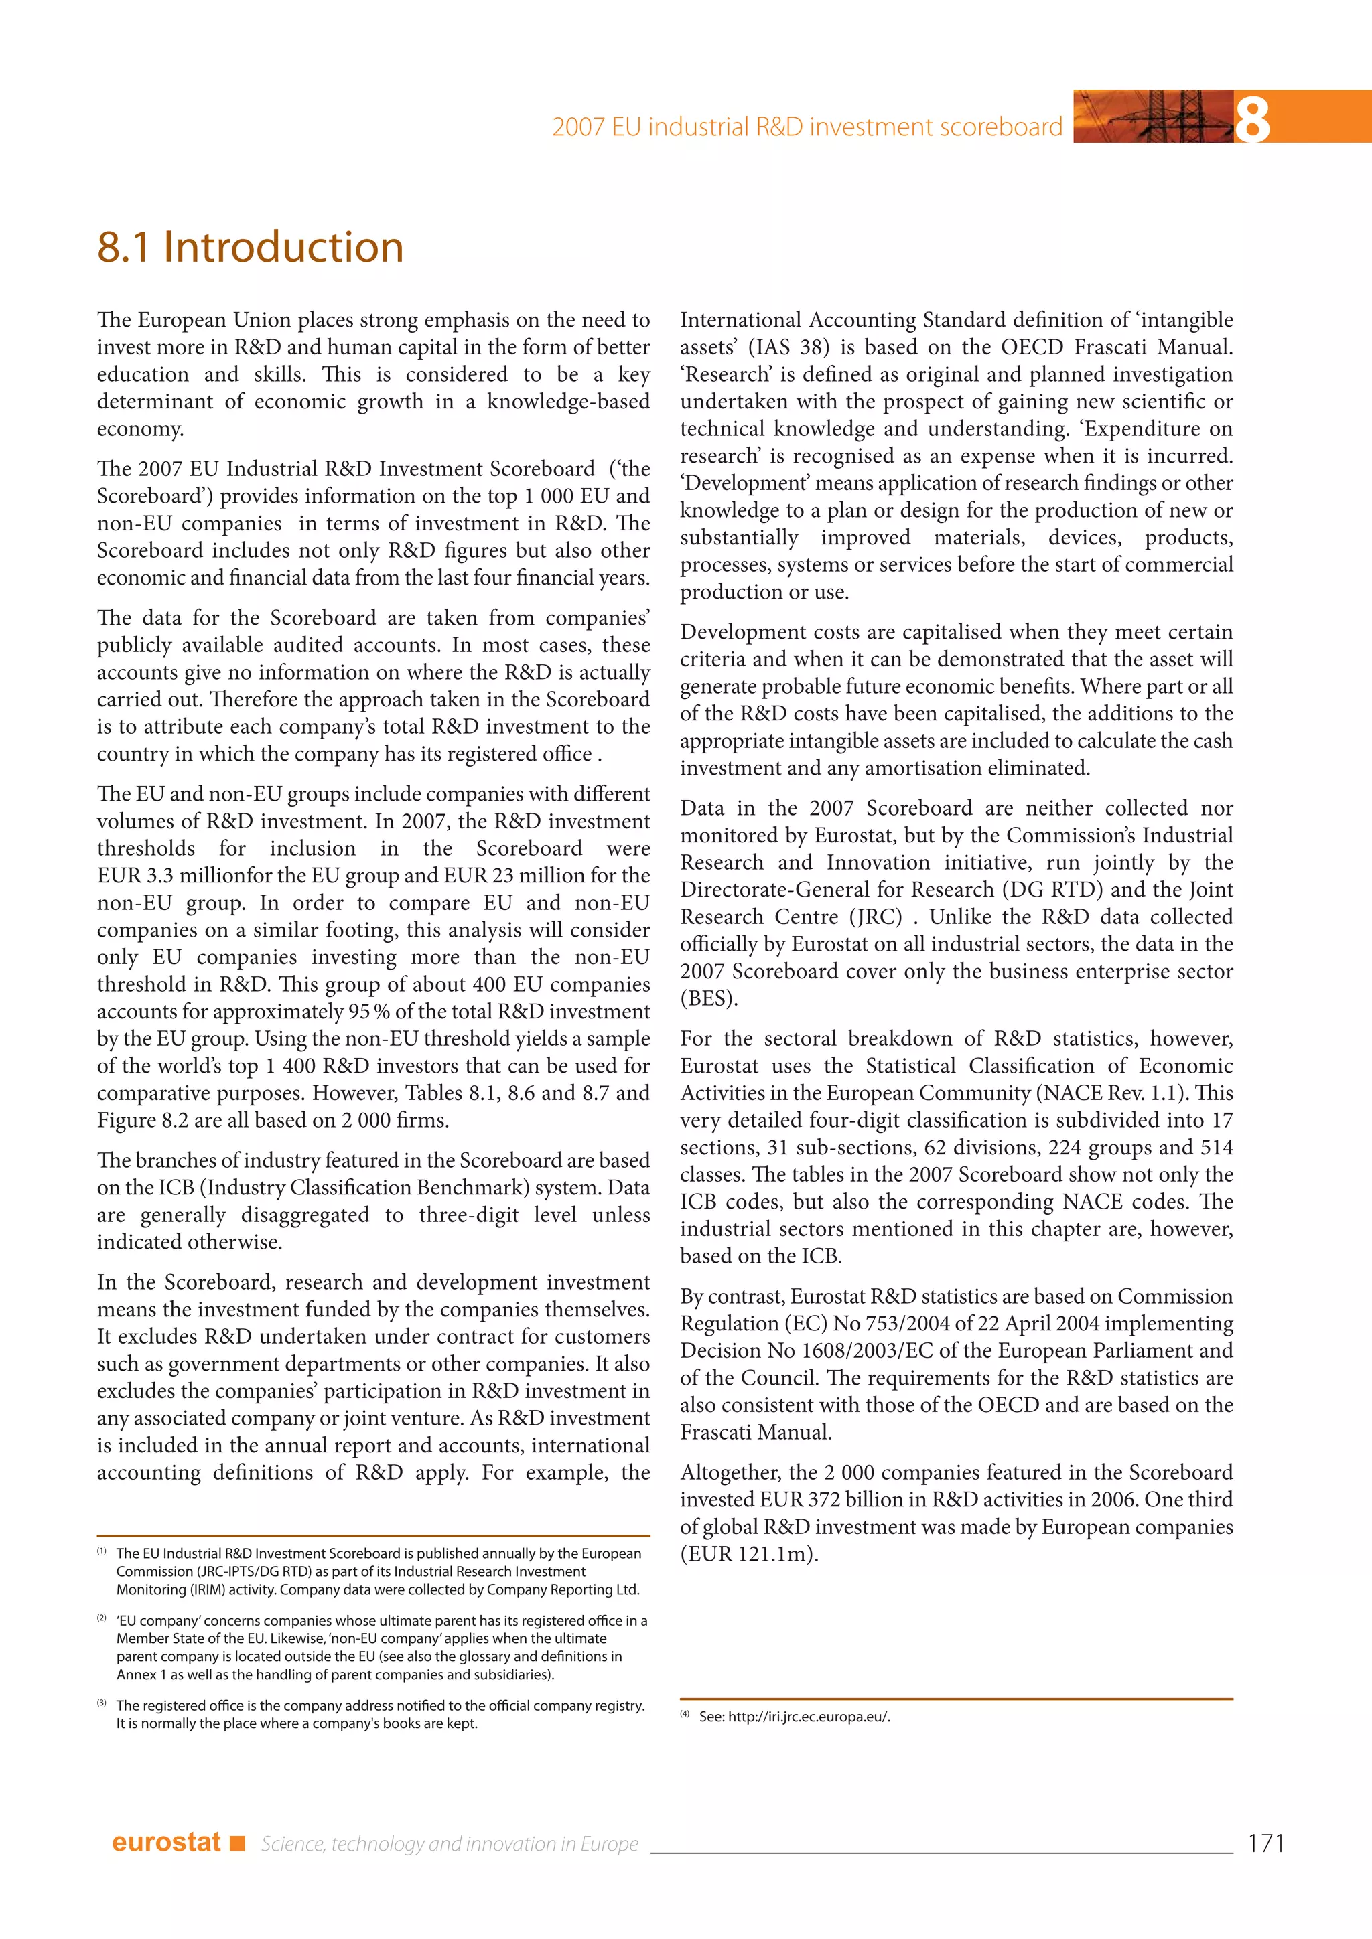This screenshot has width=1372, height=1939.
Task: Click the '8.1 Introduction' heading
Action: click(250, 248)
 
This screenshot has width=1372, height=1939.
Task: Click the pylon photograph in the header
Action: click(1153, 117)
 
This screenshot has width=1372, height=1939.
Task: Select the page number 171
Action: click(1265, 1843)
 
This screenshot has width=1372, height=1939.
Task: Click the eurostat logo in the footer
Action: click(166, 1842)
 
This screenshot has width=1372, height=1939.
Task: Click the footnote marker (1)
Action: click(101, 1551)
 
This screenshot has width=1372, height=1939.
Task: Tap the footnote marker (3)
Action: click(101, 1703)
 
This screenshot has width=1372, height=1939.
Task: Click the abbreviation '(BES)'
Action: click(709, 999)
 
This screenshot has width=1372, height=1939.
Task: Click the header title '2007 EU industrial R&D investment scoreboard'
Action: click(807, 127)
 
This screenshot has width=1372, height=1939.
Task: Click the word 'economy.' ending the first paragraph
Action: click(140, 429)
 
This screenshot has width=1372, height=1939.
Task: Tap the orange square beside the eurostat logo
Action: click(237, 1843)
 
